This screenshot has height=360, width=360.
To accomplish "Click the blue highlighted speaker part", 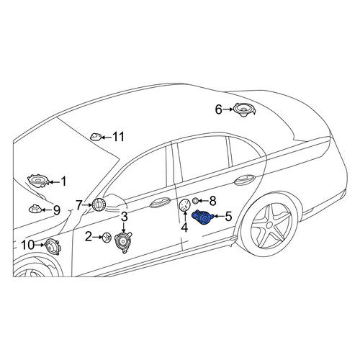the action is tap(203, 217).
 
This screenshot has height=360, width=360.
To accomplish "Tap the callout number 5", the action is tap(228, 216).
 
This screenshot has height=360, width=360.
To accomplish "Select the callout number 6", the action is tap(218, 109).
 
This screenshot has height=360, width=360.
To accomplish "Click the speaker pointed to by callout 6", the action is tap(244, 109).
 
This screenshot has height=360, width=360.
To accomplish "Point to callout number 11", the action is tap(119, 137).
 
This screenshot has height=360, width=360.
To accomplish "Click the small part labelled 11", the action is tap(96, 137).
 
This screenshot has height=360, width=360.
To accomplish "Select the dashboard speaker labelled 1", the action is tap(38, 181).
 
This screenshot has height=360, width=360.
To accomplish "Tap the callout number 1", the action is tap(63, 181).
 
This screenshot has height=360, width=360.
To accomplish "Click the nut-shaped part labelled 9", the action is tap(35, 209).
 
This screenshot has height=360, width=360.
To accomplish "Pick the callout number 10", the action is tap(28, 245).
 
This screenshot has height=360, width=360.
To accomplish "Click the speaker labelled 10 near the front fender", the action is tap(53, 247).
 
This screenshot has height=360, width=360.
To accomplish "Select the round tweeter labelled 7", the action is tap(98, 204).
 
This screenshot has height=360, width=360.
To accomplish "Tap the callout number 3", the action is tap(124, 217).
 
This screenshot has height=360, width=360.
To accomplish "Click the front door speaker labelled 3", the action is tap(123, 243).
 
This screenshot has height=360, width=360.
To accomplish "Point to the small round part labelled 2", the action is tap(107, 238).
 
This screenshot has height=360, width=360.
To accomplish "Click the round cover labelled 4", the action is tap(185, 205).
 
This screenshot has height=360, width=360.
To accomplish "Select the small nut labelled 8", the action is tap(196, 200).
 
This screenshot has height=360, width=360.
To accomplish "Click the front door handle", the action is tap(160, 203).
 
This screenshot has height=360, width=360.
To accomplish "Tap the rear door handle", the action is tap(244, 179).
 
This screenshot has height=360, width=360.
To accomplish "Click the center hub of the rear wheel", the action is tap(269, 225).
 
